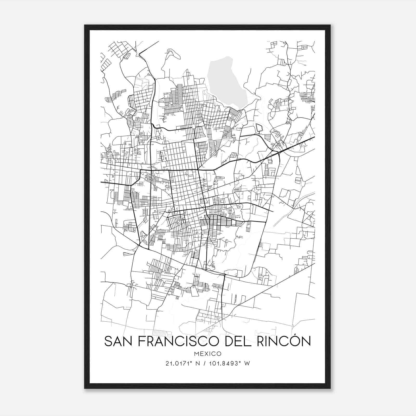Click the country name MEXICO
click(207, 354)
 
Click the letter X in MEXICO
click(207, 354)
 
